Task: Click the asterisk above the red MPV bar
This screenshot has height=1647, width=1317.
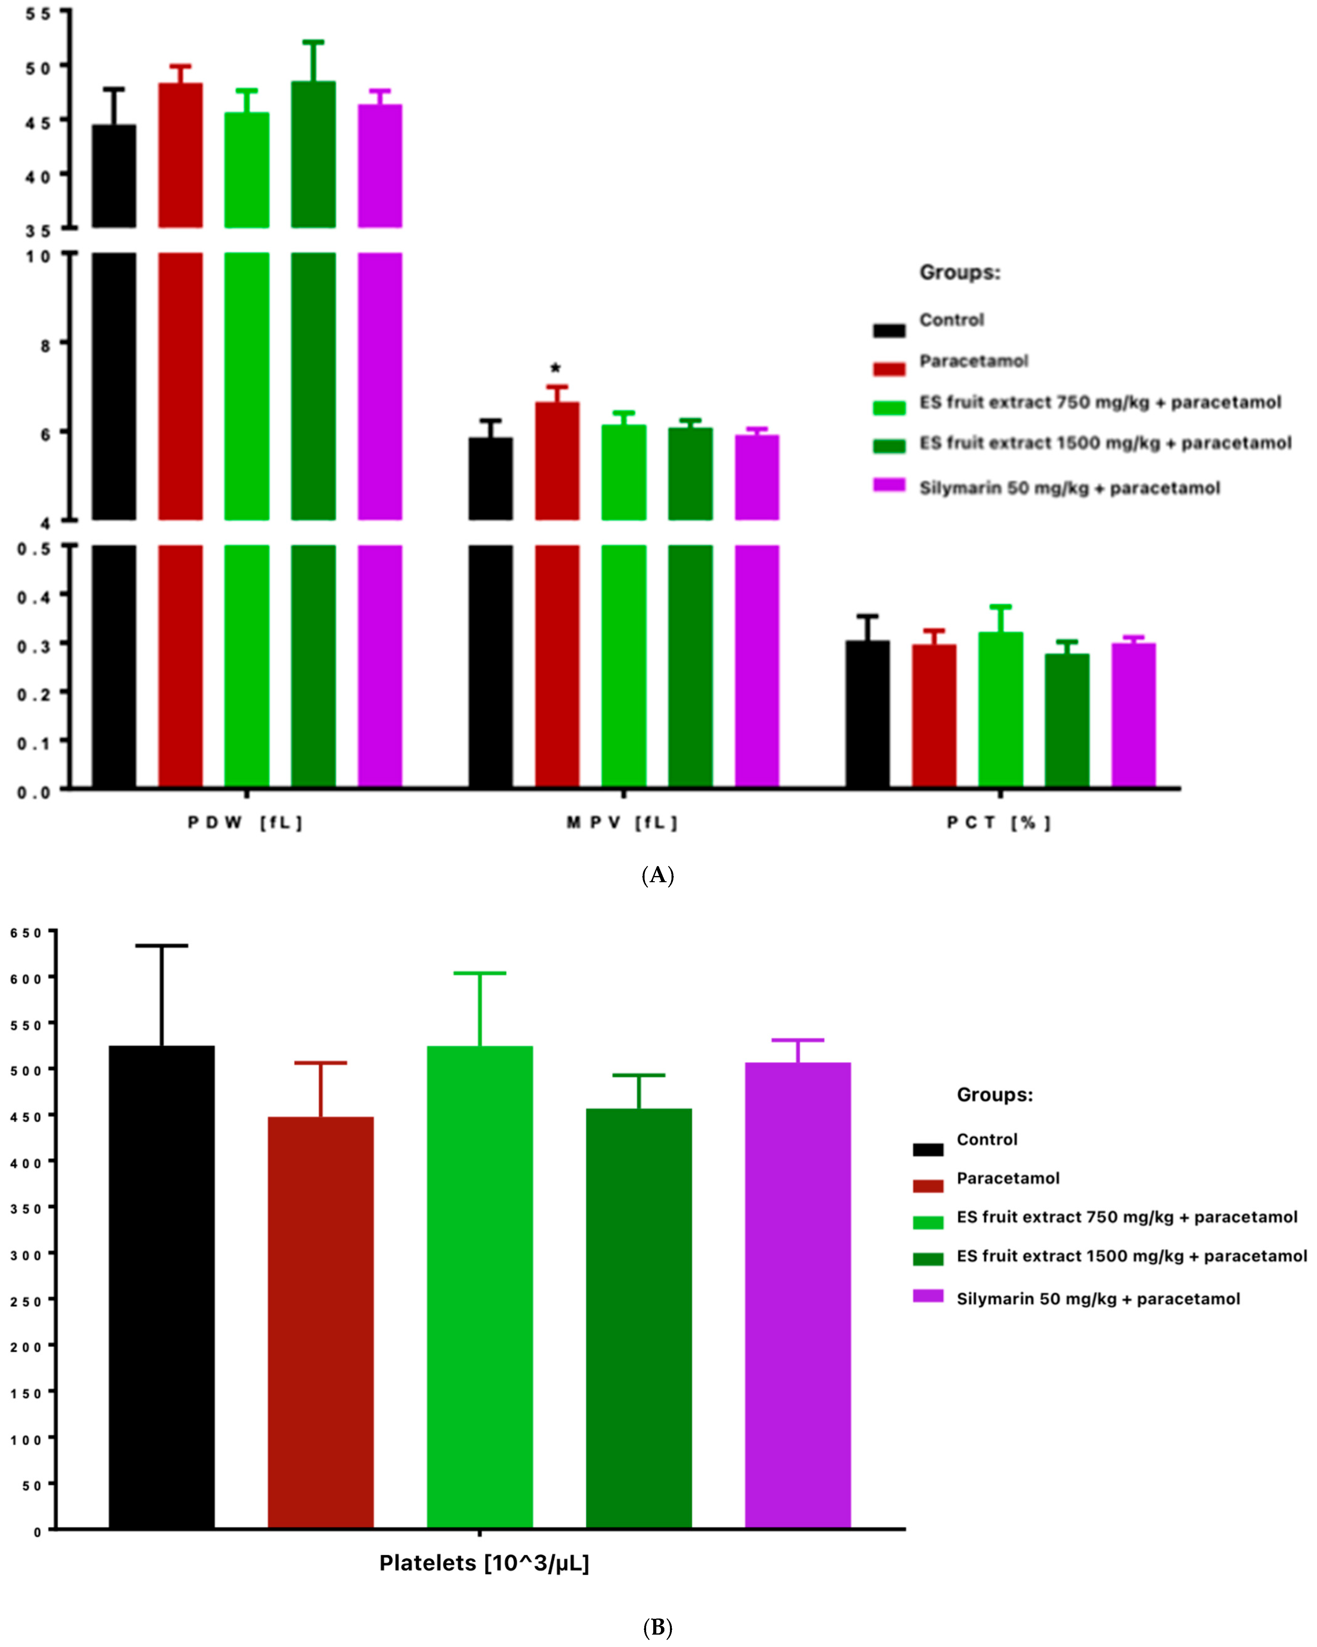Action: pyautogui.click(x=556, y=368)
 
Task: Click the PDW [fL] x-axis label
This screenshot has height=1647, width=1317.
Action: pyautogui.click(x=245, y=823)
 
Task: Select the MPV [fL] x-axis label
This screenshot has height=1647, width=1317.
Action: pyautogui.click(x=622, y=823)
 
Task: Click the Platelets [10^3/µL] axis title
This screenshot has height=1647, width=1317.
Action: pyautogui.click(x=484, y=1563)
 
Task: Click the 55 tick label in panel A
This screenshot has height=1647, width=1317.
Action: pyautogui.click(x=38, y=13)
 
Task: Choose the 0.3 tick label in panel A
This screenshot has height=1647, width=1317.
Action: pyautogui.click(x=33, y=646)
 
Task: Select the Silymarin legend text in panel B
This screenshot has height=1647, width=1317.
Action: pyautogui.click(x=1097, y=1299)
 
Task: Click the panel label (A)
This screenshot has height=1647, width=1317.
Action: pyautogui.click(x=657, y=875)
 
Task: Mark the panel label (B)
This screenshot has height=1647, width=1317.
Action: pyautogui.click(x=657, y=1628)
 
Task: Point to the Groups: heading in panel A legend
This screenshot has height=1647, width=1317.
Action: pyautogui.click(x=959, y=273)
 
